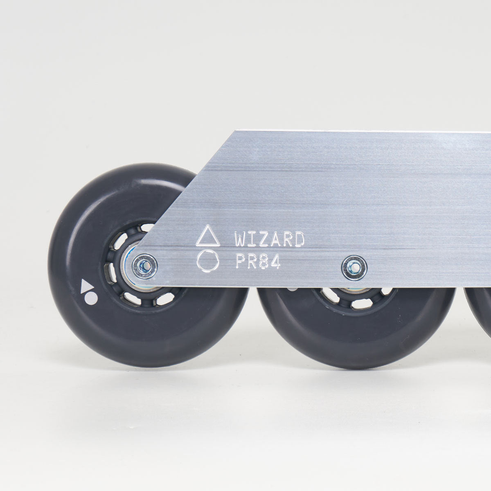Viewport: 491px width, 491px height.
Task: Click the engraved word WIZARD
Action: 269,239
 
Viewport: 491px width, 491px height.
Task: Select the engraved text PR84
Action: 257,262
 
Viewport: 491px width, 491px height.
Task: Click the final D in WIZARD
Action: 299,239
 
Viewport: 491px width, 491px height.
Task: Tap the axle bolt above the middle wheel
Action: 354,268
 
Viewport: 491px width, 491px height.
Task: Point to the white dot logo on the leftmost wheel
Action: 93,299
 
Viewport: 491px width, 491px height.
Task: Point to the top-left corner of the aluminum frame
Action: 234,132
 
